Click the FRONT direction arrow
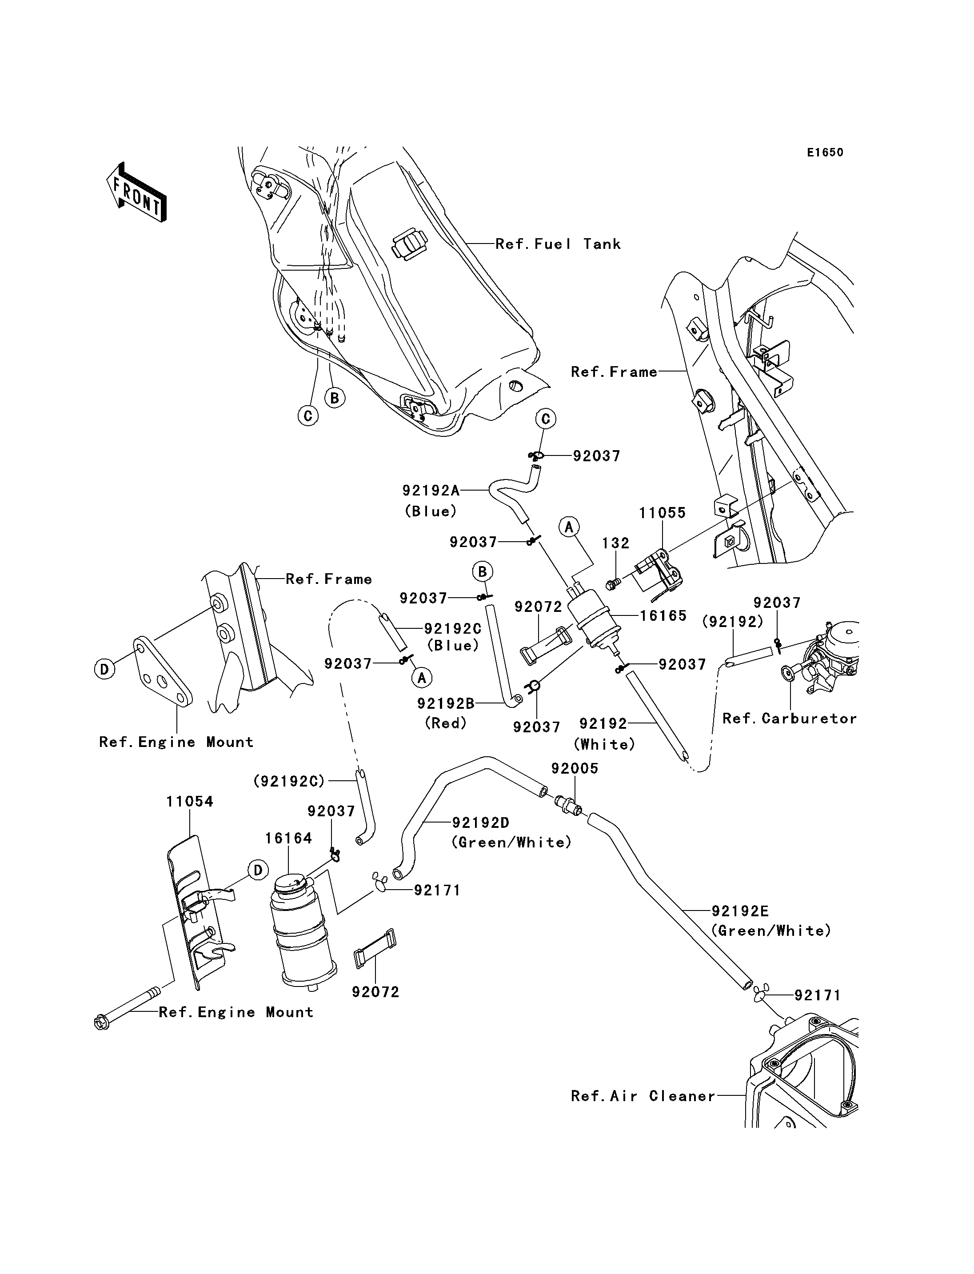click(x=137, y=192)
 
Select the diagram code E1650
click(x=825, y=152)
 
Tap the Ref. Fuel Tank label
click(x=557, y=244)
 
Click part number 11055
click(x=662, y=513)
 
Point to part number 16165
click(x=663, y=615)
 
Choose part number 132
click(x=615, y=543)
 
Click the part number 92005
click(x=575, y=768)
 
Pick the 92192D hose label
click(x=481, y=823)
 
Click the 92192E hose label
click(x=740, y=911)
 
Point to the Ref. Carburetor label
click(x=789, y=719)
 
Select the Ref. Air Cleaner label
click(x=643, y=1096)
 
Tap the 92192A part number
click(x=431, y=491)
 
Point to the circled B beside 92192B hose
click(x=483, y=572)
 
